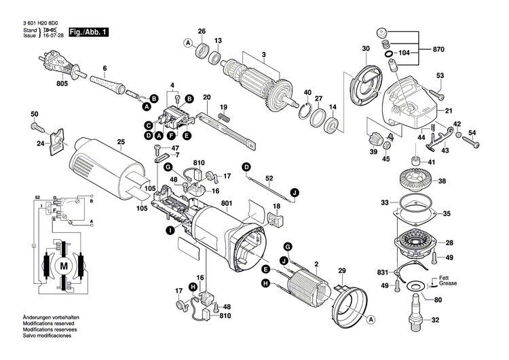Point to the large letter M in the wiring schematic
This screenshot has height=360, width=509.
tap(64, 265)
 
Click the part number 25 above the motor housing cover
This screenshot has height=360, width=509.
tap(121, 142)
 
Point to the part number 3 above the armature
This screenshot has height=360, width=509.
tap(264, 54)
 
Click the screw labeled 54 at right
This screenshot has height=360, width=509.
tap(474, 145)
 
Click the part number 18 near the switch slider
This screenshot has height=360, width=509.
tap(276, 205)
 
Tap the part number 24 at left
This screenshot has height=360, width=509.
tap(40, 143)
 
